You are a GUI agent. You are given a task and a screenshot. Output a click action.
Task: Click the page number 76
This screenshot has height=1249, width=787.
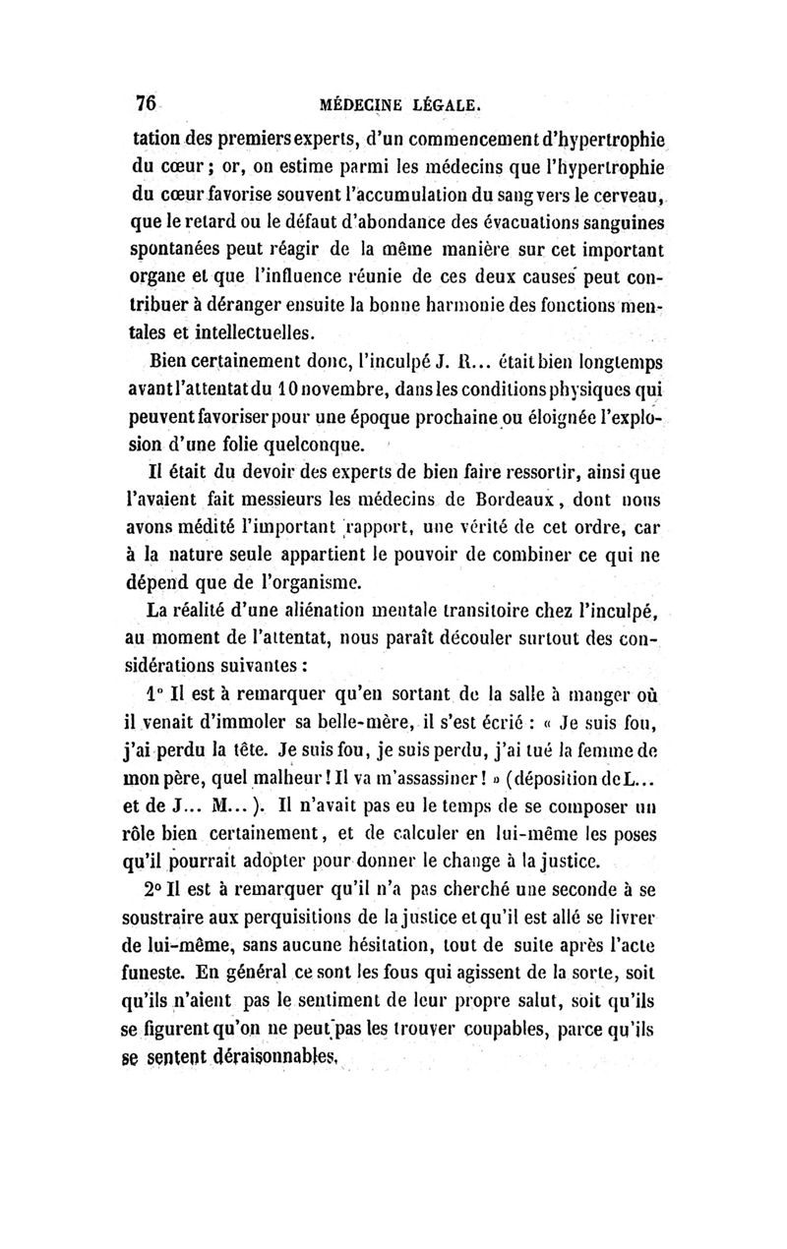pyautogui.click(x=148, y=102)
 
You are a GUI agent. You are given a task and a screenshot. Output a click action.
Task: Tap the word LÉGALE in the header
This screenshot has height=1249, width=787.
pyautogui.click(x=450, y=102)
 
